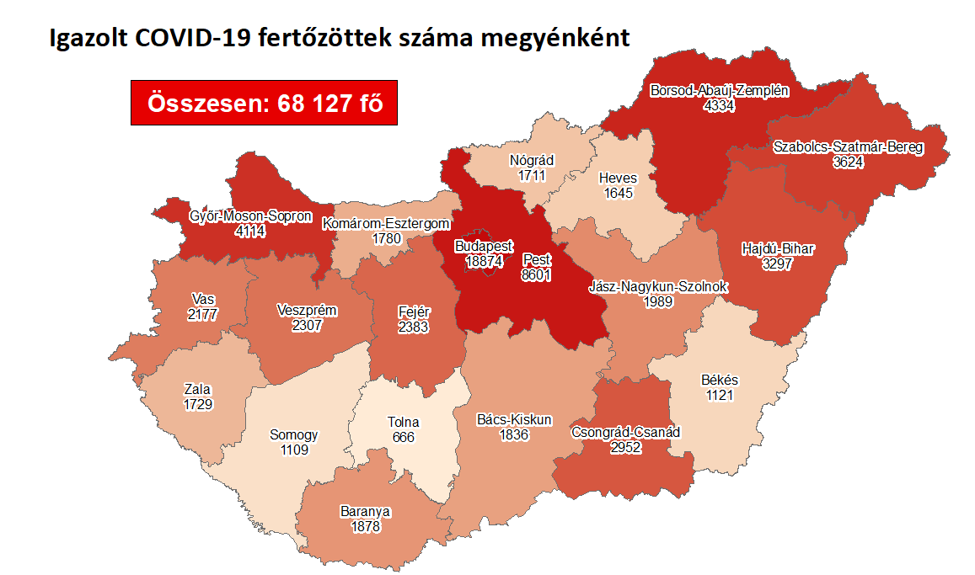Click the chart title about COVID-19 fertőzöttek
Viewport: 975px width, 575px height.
point(340,39)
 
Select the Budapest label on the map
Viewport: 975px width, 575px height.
point(483,247)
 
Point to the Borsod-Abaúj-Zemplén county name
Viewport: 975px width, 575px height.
point(720,91)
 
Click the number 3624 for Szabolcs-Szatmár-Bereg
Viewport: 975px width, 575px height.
point(849,162)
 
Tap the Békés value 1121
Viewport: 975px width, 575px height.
point(720,395)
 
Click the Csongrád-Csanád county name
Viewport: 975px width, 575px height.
point(627,433)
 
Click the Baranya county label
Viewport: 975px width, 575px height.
point(366,511)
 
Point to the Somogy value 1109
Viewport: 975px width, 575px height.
point(294,450)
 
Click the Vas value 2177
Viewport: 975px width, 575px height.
point(202,314)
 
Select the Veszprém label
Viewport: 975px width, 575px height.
point(307,310)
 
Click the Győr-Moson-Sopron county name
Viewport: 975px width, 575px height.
point(251,216)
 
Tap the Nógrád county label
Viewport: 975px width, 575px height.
point(532,161)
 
